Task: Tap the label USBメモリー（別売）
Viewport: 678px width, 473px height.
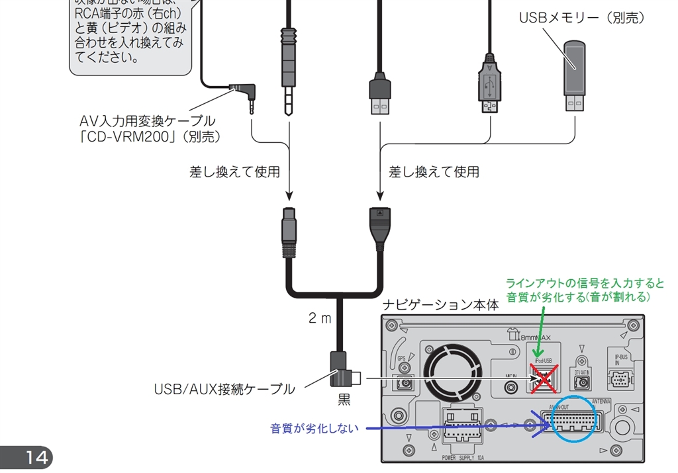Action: point(581,19)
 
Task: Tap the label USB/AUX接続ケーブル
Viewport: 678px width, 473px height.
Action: point(224,390)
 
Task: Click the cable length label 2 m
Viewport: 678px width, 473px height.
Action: point(319,318)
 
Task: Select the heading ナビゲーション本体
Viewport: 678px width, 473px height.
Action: point(440,306)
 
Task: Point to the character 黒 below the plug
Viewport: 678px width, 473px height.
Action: point(344,400)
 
